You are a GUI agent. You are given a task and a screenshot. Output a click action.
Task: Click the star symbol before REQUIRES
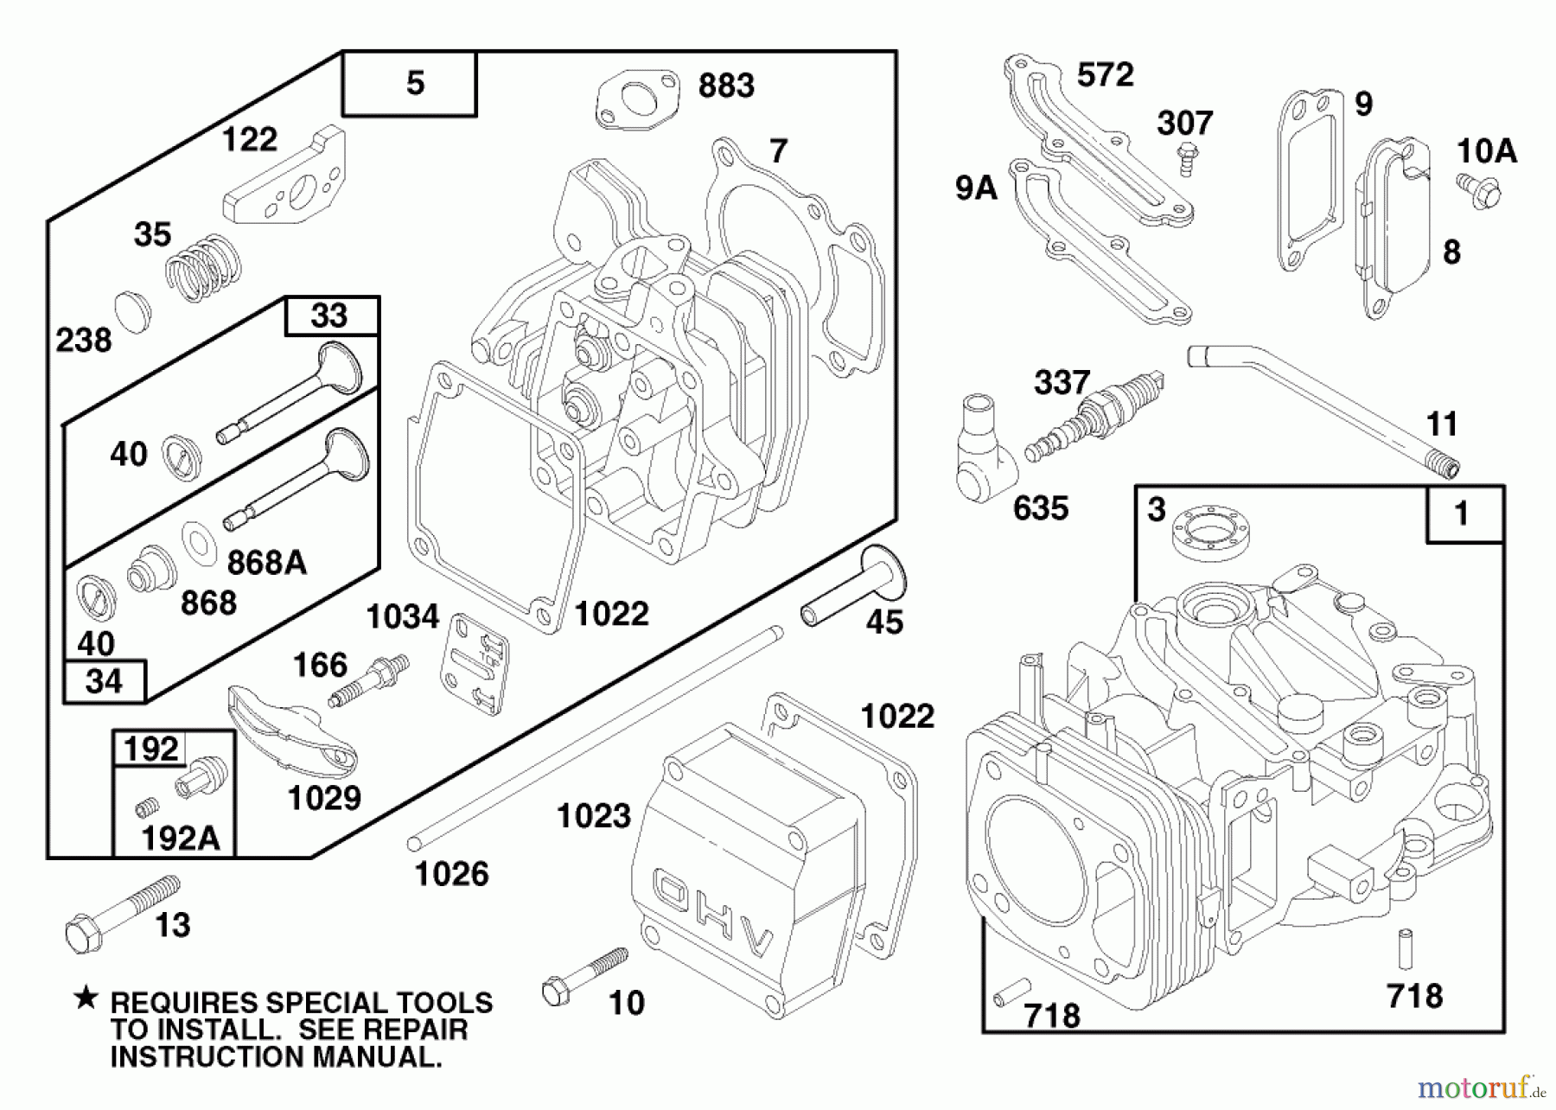coord(86,999)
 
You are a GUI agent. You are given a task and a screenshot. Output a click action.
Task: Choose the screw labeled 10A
coord(1479,189)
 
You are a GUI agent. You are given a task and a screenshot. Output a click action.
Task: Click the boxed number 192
coord(150,749)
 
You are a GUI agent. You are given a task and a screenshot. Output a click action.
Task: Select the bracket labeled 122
coord(285,182)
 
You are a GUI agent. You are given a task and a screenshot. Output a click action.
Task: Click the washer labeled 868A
coord(200,543)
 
